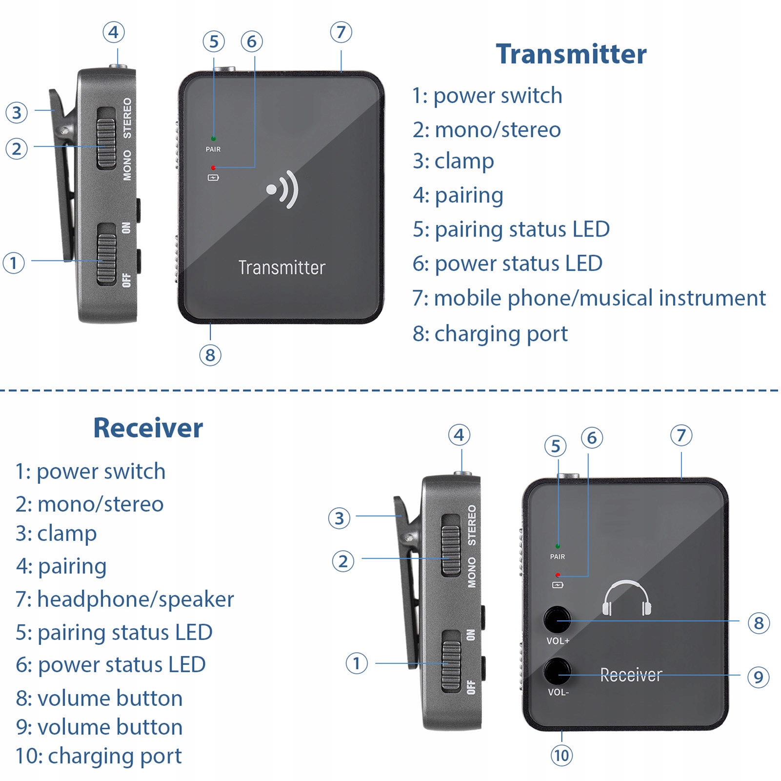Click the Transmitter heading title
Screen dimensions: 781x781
coord(571,54)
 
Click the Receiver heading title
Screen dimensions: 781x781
coord(148,428)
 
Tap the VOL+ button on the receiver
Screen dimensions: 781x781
coord(557,620)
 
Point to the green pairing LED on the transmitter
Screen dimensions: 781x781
coord(213,139)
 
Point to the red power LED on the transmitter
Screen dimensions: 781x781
coord(213,168)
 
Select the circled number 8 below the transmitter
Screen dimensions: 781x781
coord(210,355)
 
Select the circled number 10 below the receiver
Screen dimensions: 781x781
coord(561,756)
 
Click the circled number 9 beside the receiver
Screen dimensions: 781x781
coord(758,677)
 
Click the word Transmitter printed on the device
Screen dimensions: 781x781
coord(281,267)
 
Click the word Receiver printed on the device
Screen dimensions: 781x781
coord(631,675)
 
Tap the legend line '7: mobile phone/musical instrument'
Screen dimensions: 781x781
coord(589,298)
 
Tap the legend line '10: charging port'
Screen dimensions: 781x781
coord(99,756)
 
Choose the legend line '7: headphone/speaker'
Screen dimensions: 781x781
coord(124,599)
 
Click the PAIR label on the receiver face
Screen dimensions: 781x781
coord(558,557)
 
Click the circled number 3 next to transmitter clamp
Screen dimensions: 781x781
coord(17,112)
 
